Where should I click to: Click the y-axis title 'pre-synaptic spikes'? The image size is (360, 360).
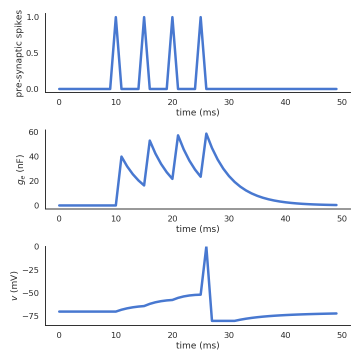tap(19, 53)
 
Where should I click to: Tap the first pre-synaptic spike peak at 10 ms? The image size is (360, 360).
tap(115, 17)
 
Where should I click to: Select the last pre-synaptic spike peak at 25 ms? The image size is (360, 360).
tap(200, 17)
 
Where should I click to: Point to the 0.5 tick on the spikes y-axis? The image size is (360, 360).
tap(32, 53)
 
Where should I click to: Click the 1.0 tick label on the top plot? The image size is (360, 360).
tap(32, 17)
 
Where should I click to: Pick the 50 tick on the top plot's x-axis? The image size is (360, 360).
tap(342, 102)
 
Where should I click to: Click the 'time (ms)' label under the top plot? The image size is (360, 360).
tap(197, 112)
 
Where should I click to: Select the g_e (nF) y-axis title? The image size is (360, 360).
tap(20, 169)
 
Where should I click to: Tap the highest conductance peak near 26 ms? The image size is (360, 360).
tap(206, 133)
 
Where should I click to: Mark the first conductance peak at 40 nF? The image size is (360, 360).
tap(121, 157)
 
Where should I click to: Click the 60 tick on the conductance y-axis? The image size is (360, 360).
tap(33, 132)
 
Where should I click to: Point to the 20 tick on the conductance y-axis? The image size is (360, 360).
tap(33, 181)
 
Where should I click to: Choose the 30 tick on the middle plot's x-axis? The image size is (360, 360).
tap(229, 218)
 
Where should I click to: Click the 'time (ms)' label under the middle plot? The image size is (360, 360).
tap(197, 229)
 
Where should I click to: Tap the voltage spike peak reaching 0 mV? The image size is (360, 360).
tap(206, 247)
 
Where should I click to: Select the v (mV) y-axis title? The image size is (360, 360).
tap(14, 285)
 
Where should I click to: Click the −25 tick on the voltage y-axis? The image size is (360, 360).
tap(30, 270)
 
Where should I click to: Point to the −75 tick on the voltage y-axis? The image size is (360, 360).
tap(30, 316)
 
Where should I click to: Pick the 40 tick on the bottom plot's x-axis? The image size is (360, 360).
tap(285, 335)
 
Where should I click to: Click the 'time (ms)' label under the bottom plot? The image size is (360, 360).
tap(197, 345)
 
